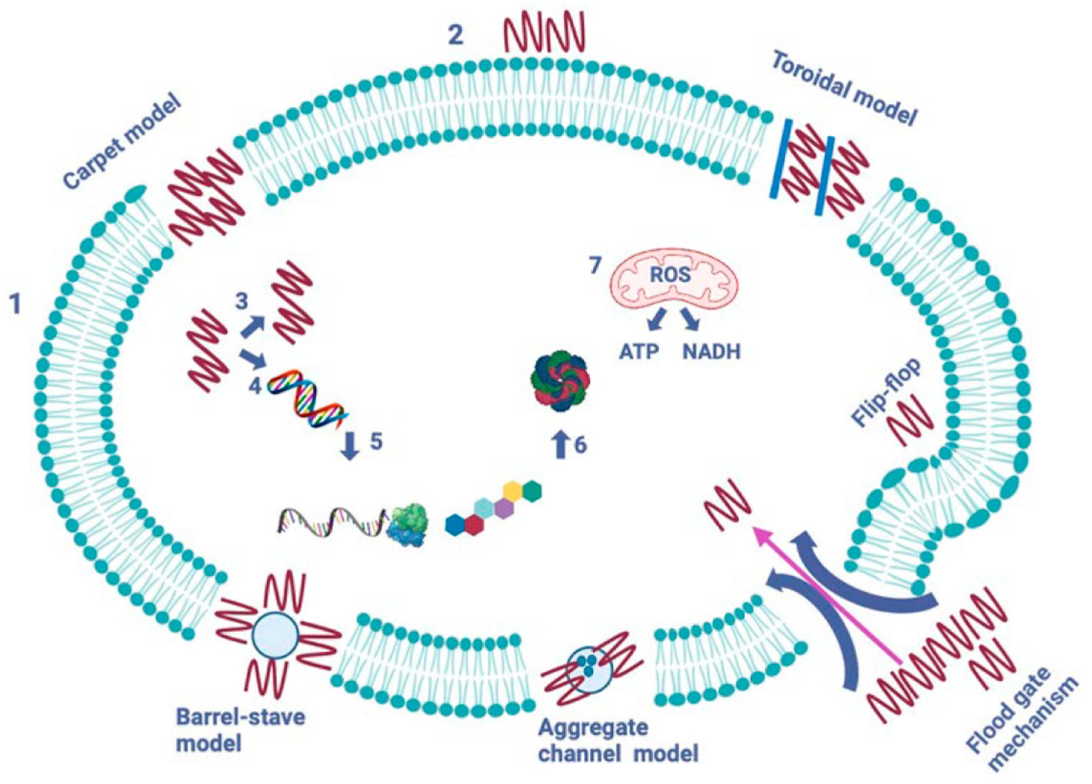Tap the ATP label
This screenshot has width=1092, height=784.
click(639, 352)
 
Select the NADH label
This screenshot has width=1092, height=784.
click(712, 352)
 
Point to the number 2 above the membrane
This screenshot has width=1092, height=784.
click(456, 35)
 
